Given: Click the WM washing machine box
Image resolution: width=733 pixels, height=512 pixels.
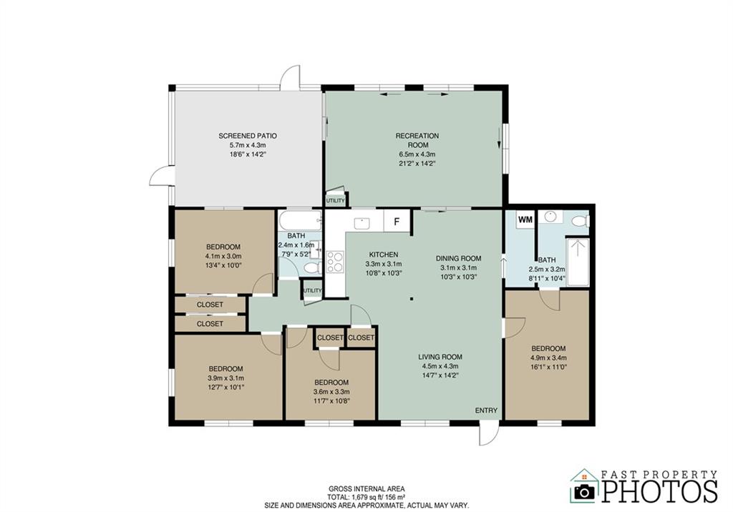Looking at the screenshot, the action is point(525,220).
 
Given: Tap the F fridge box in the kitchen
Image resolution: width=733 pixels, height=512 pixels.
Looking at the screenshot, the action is point(397,222).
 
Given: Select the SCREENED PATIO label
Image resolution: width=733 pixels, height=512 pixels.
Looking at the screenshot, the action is point(248,136).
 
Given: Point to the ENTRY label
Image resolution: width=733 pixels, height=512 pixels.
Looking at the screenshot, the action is point(486,410).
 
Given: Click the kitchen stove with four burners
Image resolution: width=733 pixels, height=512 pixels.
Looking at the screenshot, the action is point(335,262).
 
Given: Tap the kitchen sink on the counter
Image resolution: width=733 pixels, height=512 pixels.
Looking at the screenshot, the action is point(361,223).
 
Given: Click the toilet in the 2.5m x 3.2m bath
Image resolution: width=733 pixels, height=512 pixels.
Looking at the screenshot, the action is point(580,220).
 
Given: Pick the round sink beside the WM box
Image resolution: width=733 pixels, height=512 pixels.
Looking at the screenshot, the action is point(551,217).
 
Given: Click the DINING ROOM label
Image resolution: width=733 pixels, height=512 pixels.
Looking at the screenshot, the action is point(458,258).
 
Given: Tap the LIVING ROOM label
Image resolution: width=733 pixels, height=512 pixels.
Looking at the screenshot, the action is point(440,358).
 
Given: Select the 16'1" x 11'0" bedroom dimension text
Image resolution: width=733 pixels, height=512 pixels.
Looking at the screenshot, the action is point(548,367).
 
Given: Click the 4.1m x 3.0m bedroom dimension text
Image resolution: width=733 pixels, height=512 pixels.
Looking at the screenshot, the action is point(223,257).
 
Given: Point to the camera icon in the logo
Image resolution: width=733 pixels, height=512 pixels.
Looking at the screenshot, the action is point(584,491).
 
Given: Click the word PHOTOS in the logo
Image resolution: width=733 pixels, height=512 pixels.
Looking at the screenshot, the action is point(659,491).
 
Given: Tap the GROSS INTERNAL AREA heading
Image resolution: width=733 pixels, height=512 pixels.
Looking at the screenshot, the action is point(366,489).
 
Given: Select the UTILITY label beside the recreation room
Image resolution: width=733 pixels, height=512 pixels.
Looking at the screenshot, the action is point(335,201).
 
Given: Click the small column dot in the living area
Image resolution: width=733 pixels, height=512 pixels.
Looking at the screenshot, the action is point(412,299).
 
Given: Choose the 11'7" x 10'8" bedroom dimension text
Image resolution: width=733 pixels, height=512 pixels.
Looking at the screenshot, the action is point(331,401).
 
